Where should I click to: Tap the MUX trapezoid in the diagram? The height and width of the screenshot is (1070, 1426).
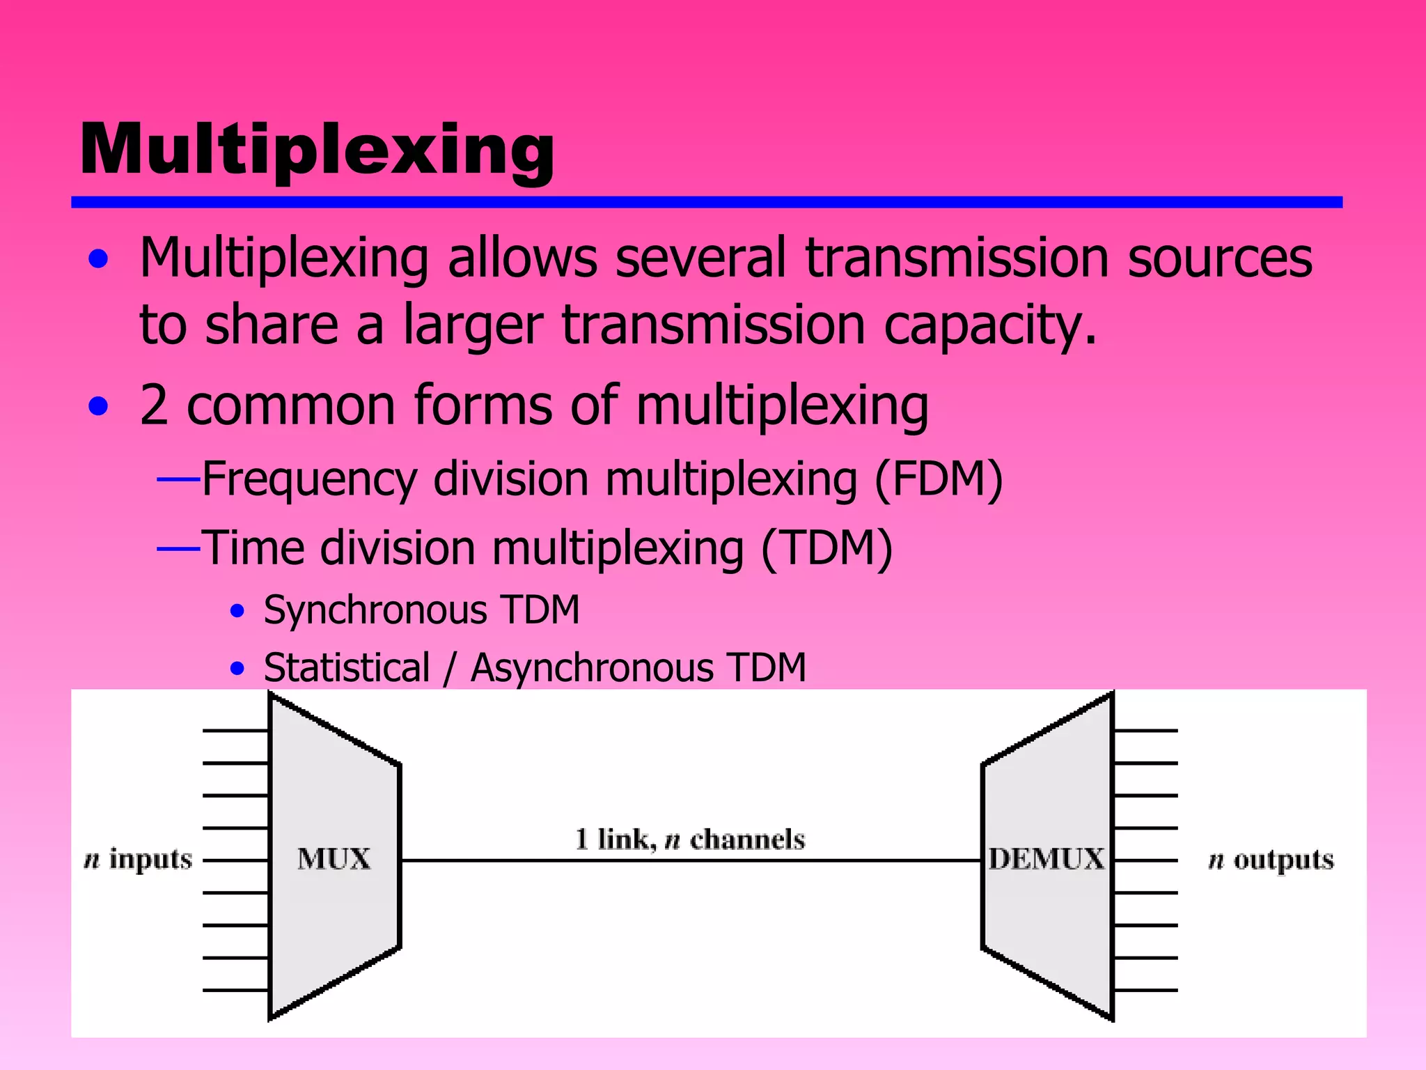[334, 858]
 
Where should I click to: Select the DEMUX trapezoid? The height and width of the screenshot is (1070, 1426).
[1047, 858]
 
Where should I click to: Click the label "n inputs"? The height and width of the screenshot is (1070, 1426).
[138, 860]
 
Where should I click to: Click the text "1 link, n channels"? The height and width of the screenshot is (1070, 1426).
[689, 839]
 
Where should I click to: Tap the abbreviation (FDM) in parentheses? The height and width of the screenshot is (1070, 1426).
[938, 479]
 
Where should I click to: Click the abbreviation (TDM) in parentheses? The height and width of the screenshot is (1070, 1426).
[826, 548]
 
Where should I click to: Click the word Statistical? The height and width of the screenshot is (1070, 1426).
[347, 667]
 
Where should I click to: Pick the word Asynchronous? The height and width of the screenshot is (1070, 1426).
[593, 667]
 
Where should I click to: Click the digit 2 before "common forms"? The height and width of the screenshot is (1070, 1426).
[154, 405]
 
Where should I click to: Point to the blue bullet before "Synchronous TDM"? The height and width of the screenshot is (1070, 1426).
[237, 611]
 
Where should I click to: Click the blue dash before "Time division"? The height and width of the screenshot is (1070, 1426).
[179, 548]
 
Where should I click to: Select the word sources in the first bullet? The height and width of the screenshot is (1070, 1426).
[1219, 258]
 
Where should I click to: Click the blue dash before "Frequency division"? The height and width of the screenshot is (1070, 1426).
[179, 479]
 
